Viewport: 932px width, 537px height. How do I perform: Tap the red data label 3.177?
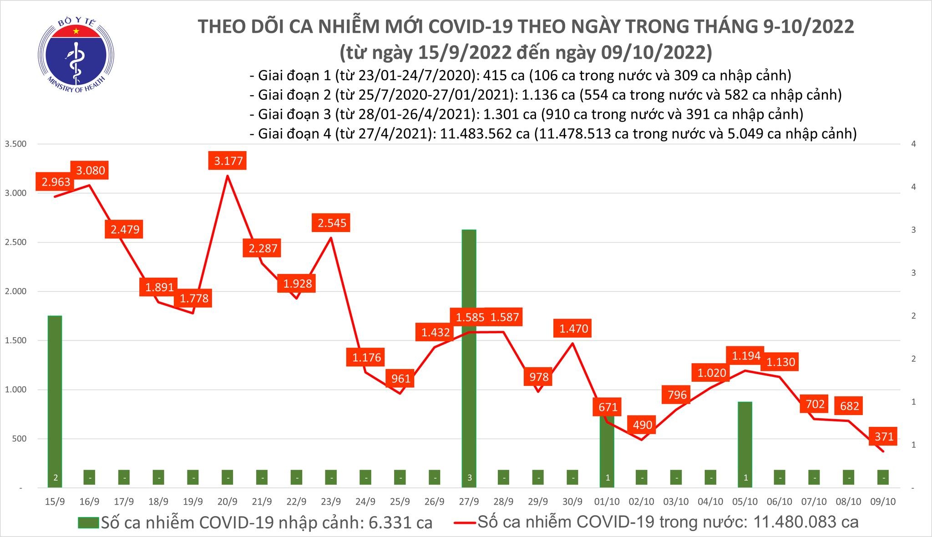point(228,161)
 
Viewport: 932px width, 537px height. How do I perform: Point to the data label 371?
point(884,437)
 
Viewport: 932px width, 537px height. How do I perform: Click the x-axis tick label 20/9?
point(227,502)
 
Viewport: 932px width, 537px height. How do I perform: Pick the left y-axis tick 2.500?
point(15,242)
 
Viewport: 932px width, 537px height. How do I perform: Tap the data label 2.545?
point(331,223)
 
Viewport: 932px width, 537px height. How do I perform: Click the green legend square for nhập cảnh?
point(88,522)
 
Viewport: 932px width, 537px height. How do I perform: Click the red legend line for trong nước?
point(465,522)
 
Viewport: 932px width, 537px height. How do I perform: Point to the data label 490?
point(643,425)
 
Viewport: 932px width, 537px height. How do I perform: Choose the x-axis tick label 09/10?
point(883,502)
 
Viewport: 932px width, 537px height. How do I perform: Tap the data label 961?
point(401,378)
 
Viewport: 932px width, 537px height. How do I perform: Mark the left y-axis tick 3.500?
point(15,144)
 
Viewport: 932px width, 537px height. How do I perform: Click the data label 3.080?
point(90,171)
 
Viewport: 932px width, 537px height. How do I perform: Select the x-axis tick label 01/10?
point(607,502)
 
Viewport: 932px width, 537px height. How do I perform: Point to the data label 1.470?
point(573,328)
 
